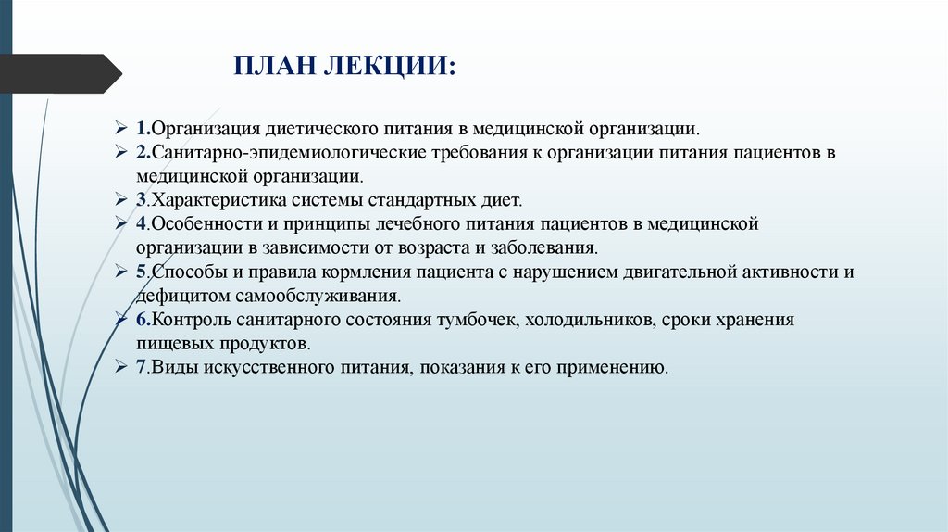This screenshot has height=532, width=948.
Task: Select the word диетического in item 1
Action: tap(316, 126)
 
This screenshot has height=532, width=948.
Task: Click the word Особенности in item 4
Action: tap(202, 223)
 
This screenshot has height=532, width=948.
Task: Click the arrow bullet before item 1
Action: tap(121, 126)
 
